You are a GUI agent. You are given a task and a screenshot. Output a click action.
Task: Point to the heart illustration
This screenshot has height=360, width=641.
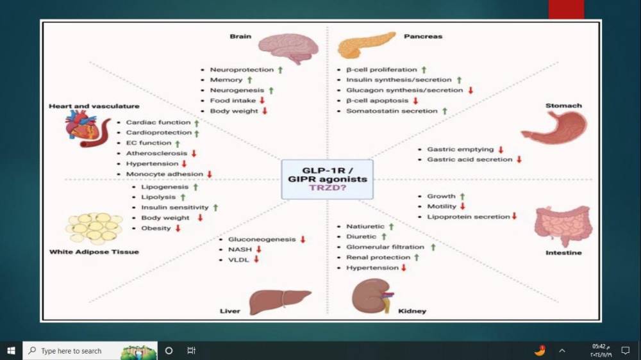click(81, 128)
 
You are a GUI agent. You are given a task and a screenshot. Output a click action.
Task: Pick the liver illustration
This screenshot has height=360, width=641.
click(278, 300)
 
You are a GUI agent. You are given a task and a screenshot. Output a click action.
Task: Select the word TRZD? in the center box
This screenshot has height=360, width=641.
click(327, 188)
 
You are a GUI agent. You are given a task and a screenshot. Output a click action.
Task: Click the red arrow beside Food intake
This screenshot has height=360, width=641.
click(262, 101)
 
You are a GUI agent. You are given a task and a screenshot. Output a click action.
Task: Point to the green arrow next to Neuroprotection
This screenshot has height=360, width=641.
click(279, 69)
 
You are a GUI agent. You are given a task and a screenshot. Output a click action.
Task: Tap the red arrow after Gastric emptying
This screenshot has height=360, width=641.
click(501, 149)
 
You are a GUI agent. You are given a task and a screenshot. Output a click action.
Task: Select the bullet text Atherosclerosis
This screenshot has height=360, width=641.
click(156, 153)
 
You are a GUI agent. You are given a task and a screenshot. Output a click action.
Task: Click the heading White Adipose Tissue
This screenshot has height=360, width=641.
click(94, 252)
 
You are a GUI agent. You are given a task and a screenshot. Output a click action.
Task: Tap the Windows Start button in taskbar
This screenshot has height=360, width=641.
click(11, 350)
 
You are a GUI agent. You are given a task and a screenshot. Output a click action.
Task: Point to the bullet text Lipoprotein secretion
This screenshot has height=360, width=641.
click(469, 217)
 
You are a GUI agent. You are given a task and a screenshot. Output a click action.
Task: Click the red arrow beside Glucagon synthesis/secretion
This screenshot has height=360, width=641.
click(470, 90)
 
